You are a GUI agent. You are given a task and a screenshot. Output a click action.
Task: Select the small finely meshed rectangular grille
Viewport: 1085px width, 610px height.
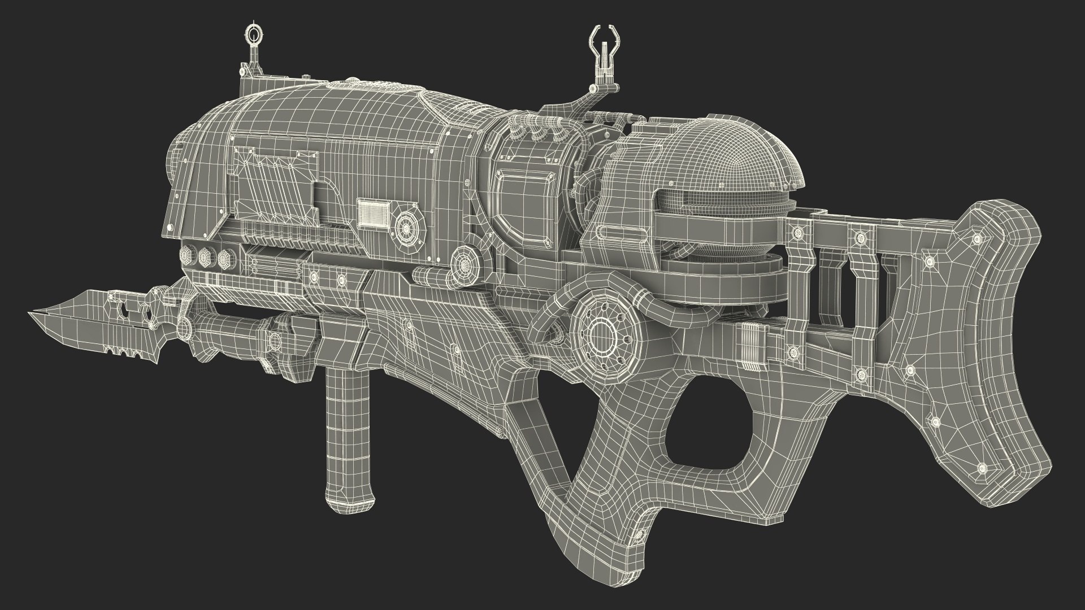point(373,213)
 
